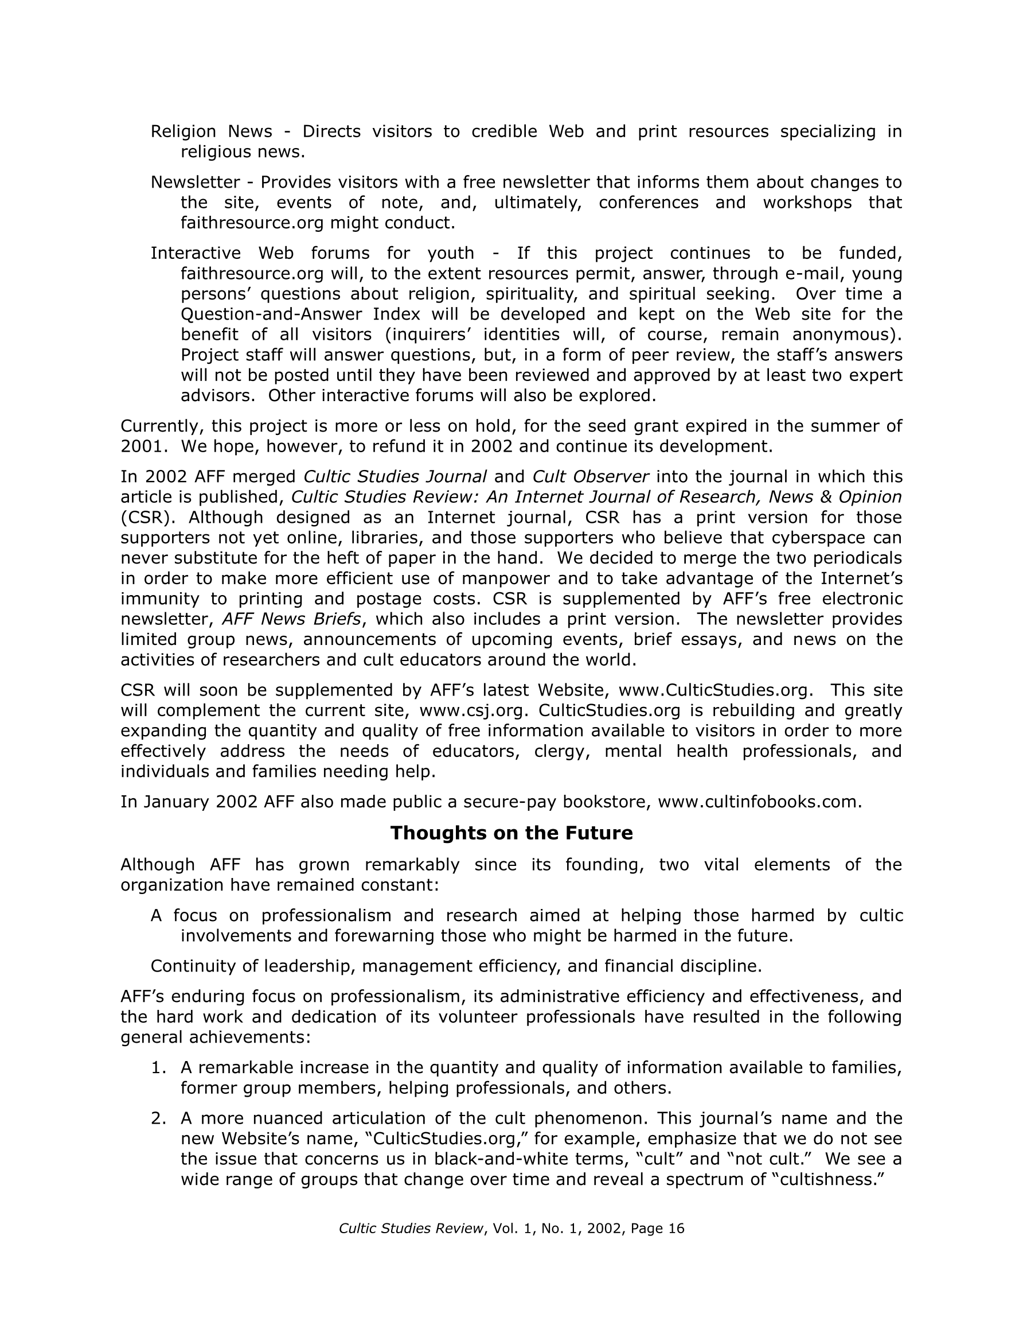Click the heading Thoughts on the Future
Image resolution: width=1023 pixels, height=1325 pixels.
(x=511, y=833)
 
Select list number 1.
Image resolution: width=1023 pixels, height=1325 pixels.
(x=157, y=1067)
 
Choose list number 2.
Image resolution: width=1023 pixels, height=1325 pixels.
(x=157, y=1118)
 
